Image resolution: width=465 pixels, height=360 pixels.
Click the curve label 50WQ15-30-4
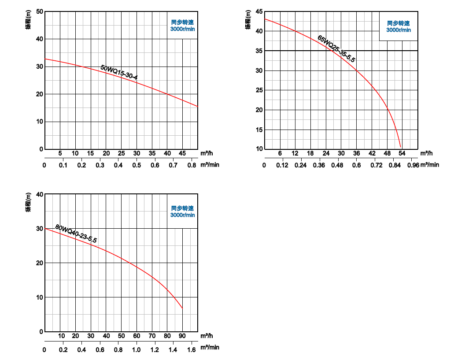coord(119,73)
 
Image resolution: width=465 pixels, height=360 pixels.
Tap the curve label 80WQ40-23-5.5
coord(76,234)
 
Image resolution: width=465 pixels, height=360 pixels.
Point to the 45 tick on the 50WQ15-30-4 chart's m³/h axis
coord(182,153)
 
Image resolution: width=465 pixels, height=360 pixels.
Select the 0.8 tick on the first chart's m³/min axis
coord(192,165)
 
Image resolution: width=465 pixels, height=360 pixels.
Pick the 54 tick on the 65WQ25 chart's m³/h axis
coord(402,153)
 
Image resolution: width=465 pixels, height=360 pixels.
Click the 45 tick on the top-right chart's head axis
coord(258,12)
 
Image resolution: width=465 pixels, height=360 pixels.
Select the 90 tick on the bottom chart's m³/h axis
coord(182,336)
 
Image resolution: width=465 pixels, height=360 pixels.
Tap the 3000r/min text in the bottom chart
coord(183,215)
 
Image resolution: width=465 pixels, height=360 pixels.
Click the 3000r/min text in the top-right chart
coord(399,30)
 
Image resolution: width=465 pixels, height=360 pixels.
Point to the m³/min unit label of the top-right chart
coord(430,165)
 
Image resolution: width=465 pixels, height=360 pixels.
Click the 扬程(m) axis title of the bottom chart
coord(28,203)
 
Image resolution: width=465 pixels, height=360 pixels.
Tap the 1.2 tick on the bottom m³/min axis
coord(155,349)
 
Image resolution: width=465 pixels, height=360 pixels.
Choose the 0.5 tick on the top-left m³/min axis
coord(137,165)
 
